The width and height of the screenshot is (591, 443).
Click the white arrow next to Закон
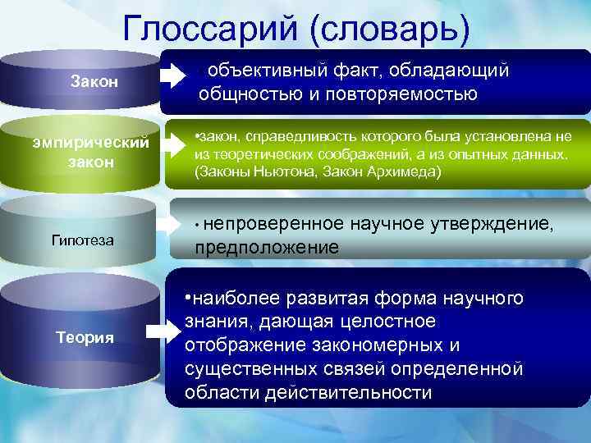coord(173,77)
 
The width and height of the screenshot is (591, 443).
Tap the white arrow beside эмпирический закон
coord(176,145)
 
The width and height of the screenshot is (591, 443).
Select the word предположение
coord(267,247)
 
